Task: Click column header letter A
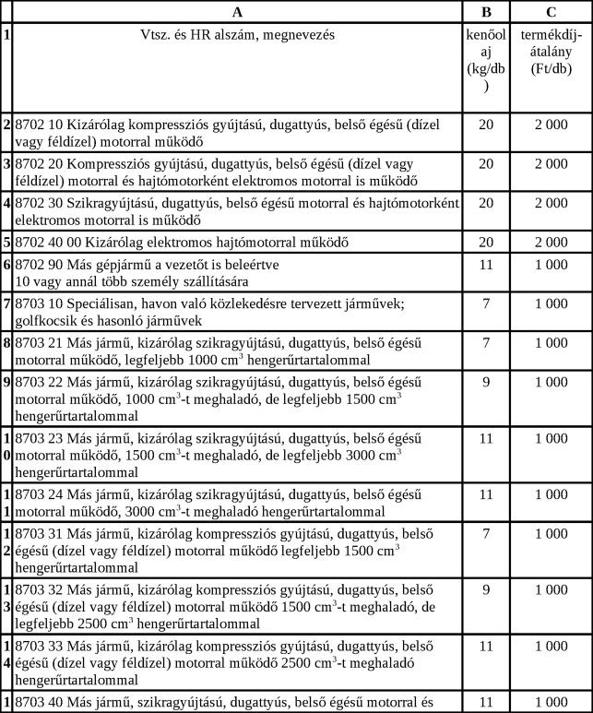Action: click(x=238, y=12)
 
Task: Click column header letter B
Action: click(x=486, y=12)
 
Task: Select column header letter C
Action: click(x=551, y=12)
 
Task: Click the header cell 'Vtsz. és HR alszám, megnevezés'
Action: click(x=238, y=35)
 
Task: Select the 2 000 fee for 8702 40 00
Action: click(x=551, y=243)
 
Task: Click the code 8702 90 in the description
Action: click(x=38, y=265)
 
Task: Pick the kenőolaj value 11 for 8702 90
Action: click(x=486, y=265)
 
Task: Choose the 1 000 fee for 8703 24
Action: click(x=551, y=494)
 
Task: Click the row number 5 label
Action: click(x=6, y=243)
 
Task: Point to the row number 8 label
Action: click(x=6, y=343)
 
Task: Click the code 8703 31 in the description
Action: click(x=38, y=533)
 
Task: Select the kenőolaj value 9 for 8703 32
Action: click(x=486, y=588)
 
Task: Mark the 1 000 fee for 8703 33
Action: click(x=551, y=646)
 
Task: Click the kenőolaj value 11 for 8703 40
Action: click(x=486, y=702)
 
